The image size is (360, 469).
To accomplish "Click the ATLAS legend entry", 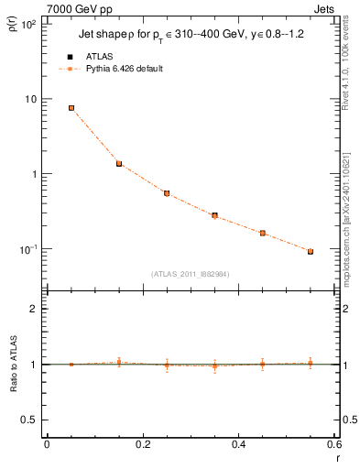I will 98,57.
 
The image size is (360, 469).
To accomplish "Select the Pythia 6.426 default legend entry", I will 124,69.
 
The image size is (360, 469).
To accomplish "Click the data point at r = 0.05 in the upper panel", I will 71,108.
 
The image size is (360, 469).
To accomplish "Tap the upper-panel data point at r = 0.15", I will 119,164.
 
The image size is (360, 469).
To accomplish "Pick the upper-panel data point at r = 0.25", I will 167,193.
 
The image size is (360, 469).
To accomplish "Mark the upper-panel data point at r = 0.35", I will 214,215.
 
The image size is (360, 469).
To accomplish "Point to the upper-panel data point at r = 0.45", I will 263,233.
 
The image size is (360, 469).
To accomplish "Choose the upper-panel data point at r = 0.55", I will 311,251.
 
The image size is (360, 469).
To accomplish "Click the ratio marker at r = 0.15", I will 119,363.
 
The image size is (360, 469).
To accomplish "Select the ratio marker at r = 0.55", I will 311,363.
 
